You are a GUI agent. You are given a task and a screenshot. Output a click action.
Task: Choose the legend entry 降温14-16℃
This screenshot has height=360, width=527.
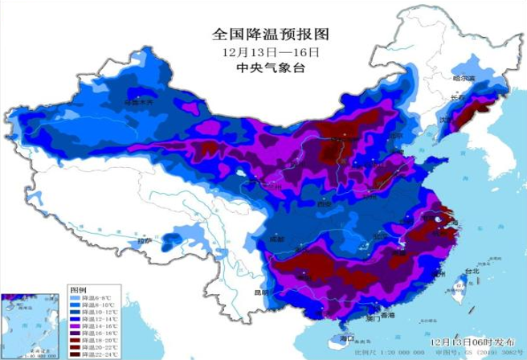(x=96, y=325)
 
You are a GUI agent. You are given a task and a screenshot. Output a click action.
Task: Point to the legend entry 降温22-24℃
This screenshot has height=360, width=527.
(x=96, y=354)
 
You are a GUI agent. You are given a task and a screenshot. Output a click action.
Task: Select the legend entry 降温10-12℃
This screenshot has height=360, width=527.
(x=96, y=311)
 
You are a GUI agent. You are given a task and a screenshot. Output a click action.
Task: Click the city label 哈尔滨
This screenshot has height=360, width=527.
(x=464, y=78)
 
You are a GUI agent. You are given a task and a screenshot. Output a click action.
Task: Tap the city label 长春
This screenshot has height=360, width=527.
(x=459, y=97)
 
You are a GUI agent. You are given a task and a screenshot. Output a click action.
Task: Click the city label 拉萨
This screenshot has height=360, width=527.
(x=143, y=239)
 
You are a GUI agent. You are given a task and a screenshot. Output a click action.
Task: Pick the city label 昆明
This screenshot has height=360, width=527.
(x=261, y=292)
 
